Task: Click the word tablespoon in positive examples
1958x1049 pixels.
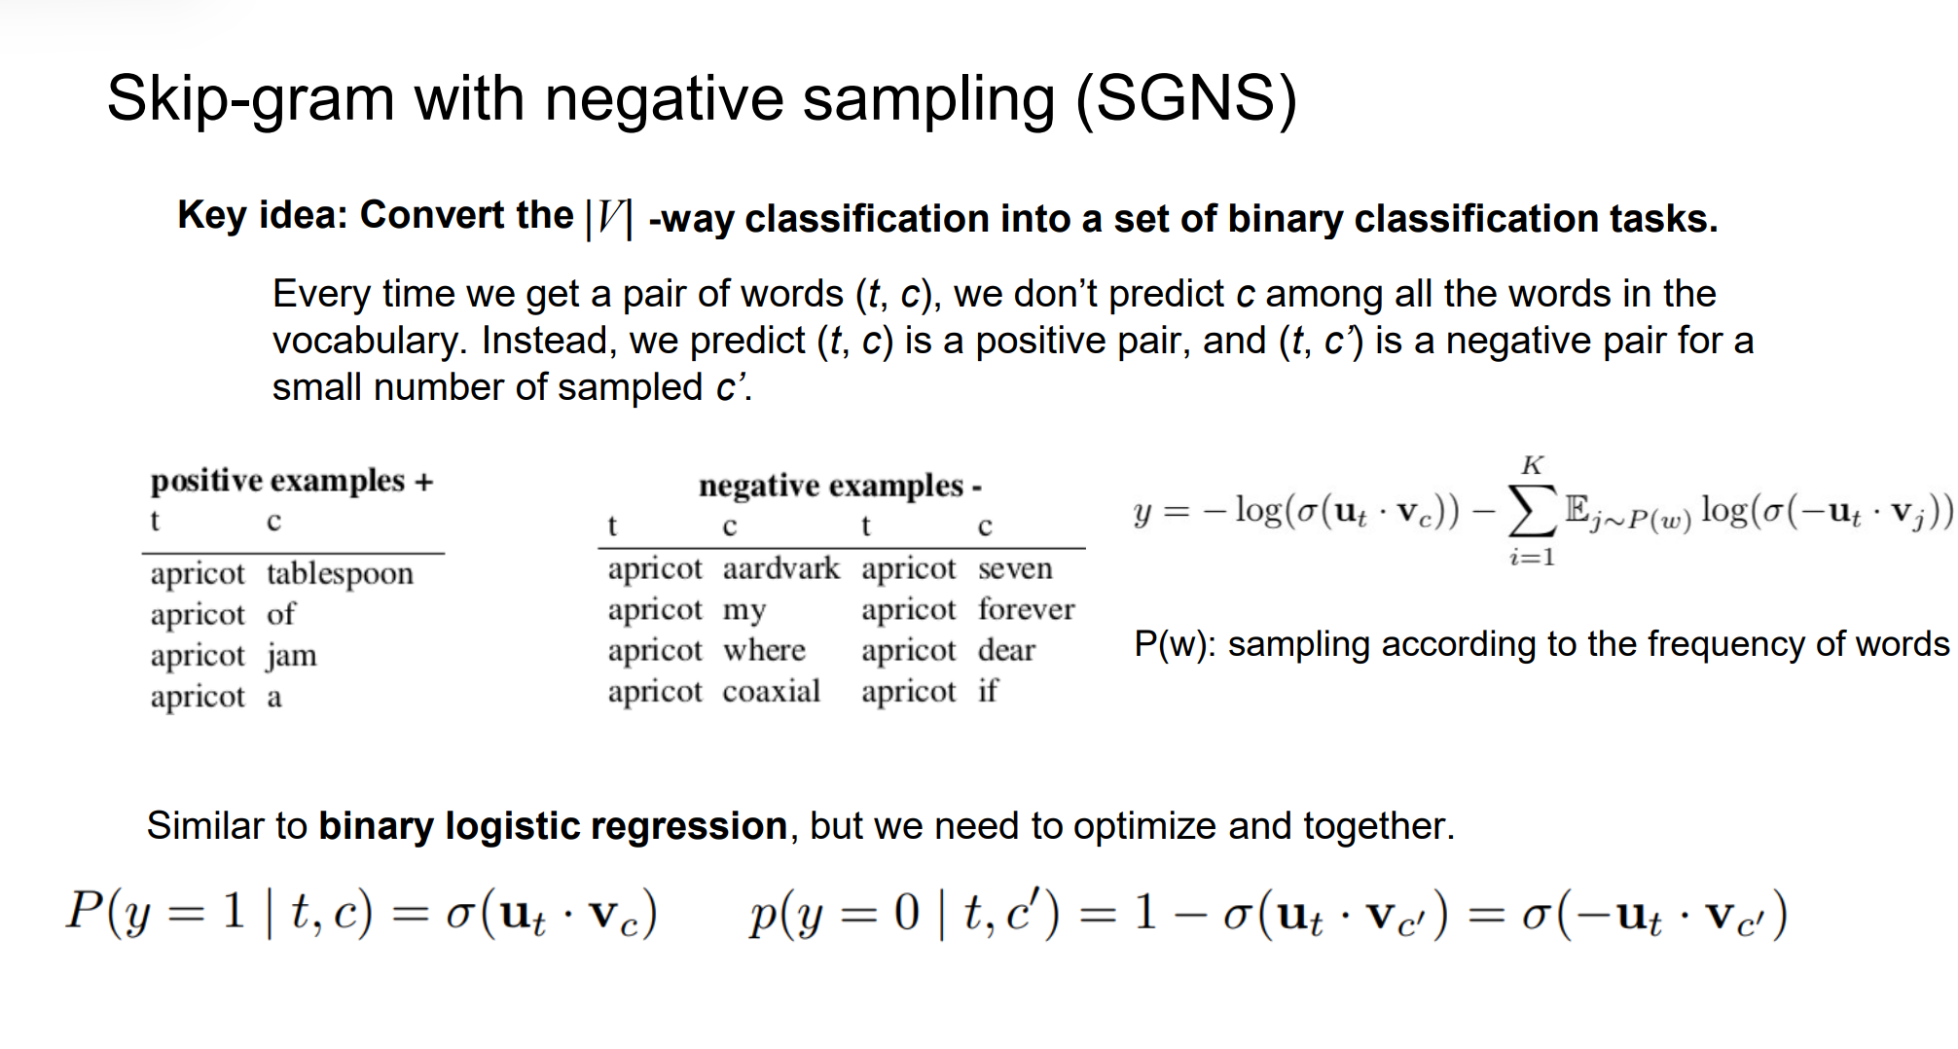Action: coord(340,574)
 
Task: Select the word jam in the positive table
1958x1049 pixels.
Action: coord(292,656)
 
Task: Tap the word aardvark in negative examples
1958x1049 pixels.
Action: coord(780,568)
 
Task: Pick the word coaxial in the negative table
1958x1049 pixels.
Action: coord(772,691)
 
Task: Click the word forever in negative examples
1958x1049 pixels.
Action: coord(1027,609)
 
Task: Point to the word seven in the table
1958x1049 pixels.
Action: coord(1015,568)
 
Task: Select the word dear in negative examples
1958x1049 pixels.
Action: coord(1006,650)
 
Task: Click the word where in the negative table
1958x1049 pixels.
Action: coord(764,650)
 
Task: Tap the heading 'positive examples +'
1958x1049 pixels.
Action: coord(292,482)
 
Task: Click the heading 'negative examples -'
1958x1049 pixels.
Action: coord(840,486)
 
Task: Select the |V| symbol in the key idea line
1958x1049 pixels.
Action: coord(609,218)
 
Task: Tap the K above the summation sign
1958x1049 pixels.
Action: coord(1533,465)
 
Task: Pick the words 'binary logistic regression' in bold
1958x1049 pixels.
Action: coord(553,826)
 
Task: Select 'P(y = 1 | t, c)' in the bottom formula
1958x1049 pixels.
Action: coord(220,913)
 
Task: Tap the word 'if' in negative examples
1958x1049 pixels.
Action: coord(988,691)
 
